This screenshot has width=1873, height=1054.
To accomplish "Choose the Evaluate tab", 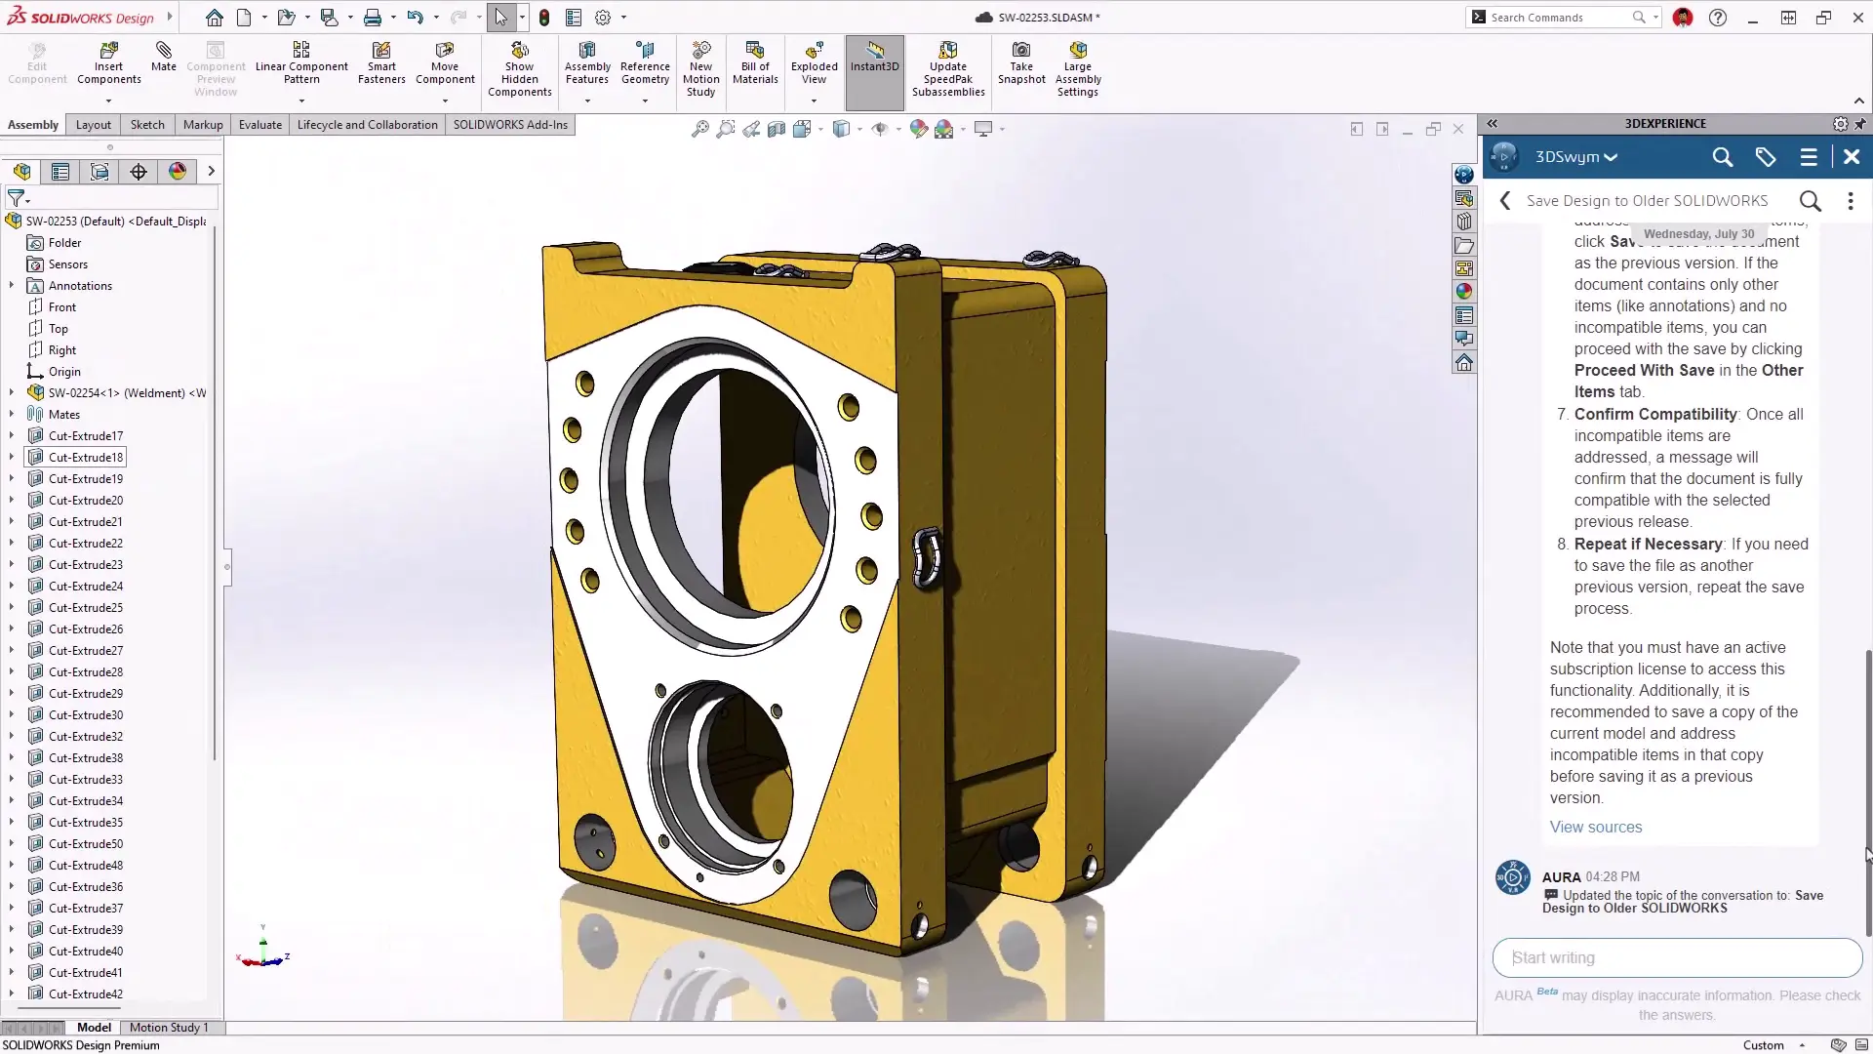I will point(260,125).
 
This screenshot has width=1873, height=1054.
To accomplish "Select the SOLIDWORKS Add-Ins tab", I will point(510,125).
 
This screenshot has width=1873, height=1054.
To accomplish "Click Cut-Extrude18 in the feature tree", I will point(86,458).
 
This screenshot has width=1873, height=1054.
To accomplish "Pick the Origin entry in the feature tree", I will point(64,372).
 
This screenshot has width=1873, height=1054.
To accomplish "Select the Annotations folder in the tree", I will point(80,286).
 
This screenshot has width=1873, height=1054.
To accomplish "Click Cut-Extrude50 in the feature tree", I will point(86,844).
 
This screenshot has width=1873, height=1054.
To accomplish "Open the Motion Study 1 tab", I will point(169,1028).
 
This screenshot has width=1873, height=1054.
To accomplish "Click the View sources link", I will point(1596,828).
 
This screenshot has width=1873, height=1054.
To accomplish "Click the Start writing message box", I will point(1676,958).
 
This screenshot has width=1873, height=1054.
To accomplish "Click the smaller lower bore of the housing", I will point(722,771).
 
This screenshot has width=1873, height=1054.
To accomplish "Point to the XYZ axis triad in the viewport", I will point(263,953).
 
